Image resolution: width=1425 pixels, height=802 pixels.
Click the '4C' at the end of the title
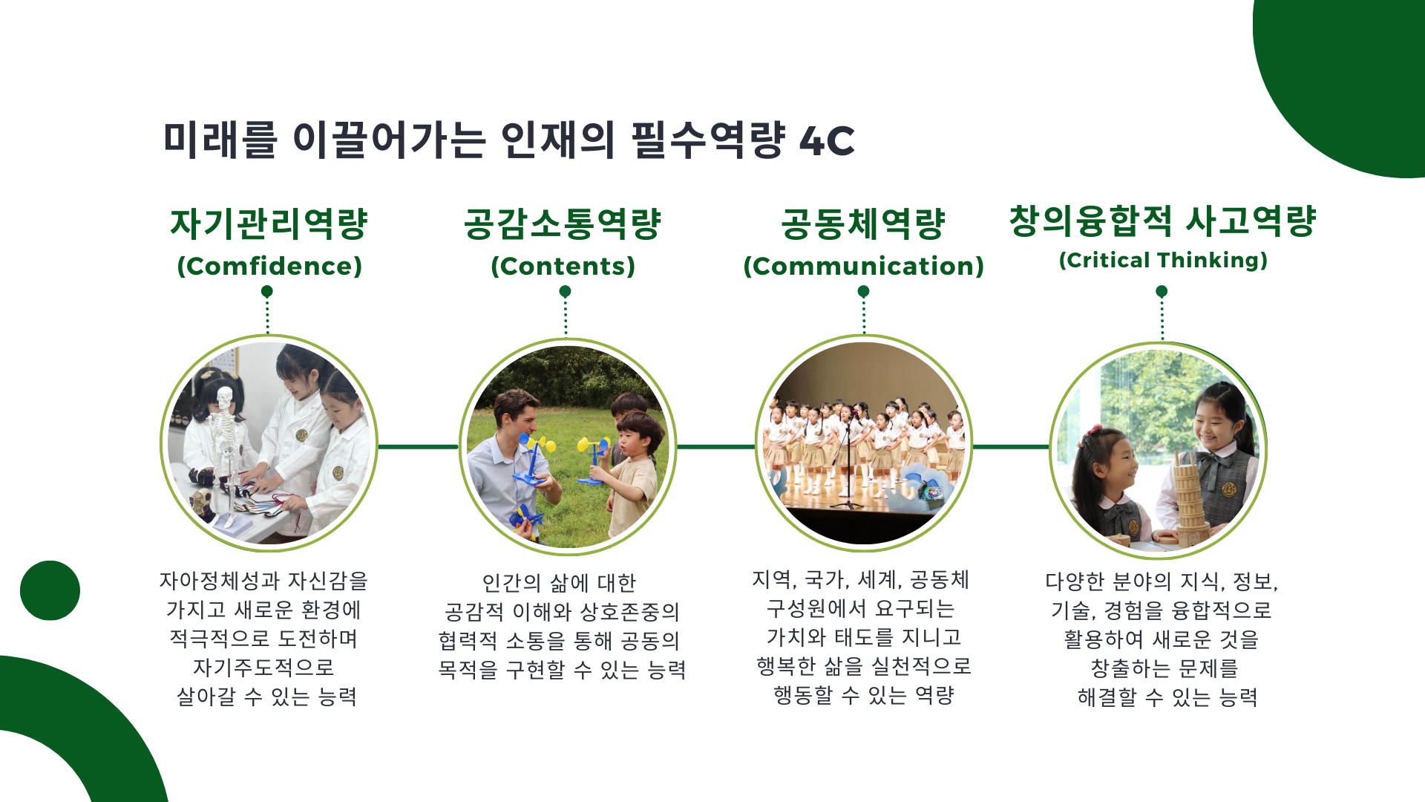[827, 140]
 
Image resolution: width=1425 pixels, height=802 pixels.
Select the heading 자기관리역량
[269, 224]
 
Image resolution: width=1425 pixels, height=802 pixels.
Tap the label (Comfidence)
[269, 266]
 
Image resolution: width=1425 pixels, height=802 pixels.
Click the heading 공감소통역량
[563, 224]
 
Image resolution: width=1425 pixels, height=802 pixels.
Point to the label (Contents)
[563, 266]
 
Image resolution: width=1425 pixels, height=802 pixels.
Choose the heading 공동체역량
[863, 224]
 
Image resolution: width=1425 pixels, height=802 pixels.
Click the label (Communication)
[864, 266]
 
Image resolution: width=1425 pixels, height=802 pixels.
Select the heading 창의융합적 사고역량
[1162, 221]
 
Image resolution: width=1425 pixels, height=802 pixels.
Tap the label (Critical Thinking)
[1163, 260]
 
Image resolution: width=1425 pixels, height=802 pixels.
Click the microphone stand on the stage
[846, 468]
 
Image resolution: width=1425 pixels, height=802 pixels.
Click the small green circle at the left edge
[50, 590]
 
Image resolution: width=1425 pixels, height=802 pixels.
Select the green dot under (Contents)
[565, 291]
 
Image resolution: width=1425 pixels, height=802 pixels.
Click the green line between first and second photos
[418, 446]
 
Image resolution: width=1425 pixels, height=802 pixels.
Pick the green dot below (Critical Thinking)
[1162, 291]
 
